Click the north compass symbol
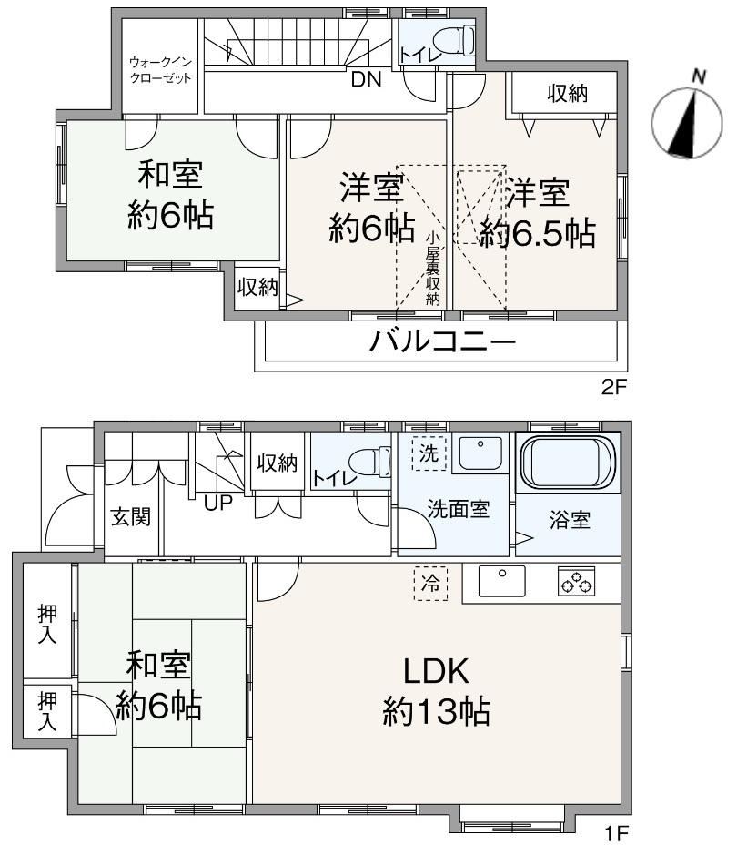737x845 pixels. (687, 123)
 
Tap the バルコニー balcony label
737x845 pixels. (442, 341)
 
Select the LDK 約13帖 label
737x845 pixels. (436, 691)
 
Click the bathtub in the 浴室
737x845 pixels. (568, 463)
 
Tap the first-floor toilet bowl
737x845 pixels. (369, 462)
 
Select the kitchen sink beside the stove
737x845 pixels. (501, 580)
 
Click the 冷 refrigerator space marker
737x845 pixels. (430, 583)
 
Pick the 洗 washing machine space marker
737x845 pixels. (429, 453)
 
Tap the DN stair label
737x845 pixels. (366, 80)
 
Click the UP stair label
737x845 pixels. (218, 504)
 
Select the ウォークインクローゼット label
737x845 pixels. (160, 70)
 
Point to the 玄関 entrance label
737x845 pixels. (131, 517)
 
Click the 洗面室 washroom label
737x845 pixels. (459, 509)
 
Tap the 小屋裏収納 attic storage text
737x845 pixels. (433, 269)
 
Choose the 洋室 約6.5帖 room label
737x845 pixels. (537, 213)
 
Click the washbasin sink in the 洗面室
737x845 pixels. (480, 453)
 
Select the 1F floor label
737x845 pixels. (617, 834)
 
